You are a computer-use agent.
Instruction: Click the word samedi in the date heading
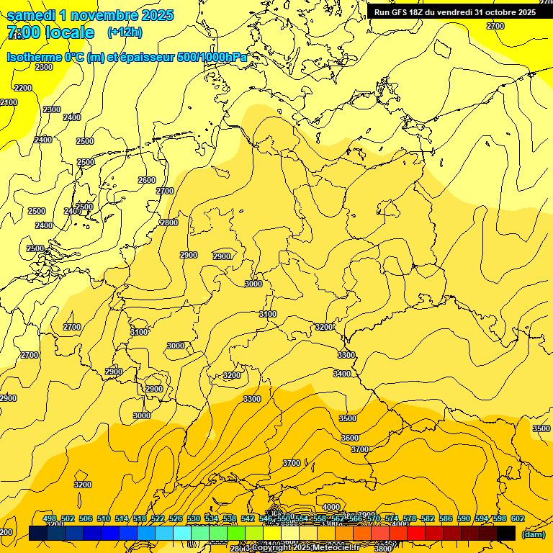point(32,16)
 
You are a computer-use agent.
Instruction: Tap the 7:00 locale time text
point(50,32)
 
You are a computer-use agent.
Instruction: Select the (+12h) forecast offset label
point(125,32)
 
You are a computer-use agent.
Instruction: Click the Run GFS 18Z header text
point(403,12)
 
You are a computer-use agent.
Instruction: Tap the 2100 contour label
point(9,103)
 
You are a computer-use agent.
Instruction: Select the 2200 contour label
point(23,88)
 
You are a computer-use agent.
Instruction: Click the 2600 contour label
point(147,180)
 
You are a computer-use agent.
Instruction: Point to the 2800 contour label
point(169,222)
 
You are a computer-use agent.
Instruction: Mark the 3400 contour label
point(342,373)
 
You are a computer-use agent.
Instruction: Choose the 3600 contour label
point(350,438)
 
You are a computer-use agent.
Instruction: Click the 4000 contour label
point(331,507)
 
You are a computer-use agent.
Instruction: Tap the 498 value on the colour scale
point(50,518)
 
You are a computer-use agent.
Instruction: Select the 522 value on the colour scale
point(158,518)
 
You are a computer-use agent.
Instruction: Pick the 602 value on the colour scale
point(518,518)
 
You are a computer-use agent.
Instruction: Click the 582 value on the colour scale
point(428,518)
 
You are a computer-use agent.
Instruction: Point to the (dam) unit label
point(534,534)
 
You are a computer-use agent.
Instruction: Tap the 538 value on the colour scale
point(230,518)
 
